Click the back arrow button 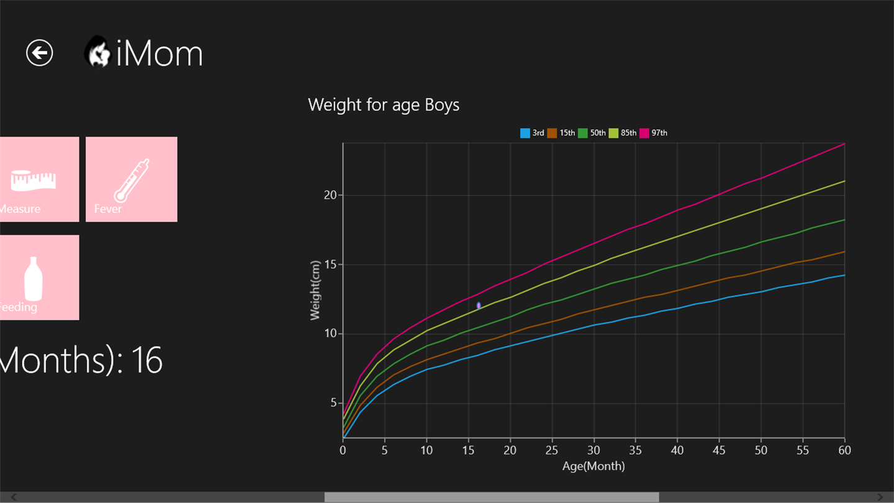40,53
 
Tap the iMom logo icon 98,52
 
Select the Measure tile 39,179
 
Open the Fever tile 132,179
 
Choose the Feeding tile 39,278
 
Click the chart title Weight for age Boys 384,104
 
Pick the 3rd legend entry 532,133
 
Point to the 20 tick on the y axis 329,195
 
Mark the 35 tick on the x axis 635,450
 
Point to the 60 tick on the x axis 844,450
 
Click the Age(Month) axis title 594,466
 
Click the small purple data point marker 479,306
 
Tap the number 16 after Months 147,360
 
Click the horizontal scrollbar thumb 491,497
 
